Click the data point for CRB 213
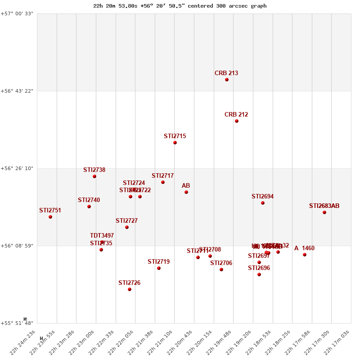click(227, 80)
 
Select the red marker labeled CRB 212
click(237, 121)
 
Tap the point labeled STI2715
click(175, 143)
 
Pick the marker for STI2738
click(94, 176)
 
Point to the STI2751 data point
click(50, 217)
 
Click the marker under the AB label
click(186, 192)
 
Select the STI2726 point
click(130, 289)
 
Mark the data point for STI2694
click(263, 203)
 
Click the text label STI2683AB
click(324, 206)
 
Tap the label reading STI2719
click(158, 262)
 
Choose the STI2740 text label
click(89, 200)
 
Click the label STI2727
click(126, 221)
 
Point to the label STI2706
click(221, 263)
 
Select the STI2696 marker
click(259, 274)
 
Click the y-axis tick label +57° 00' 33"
click(17, 14)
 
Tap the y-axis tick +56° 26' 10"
click(17, 169)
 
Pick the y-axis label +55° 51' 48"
click(17, 323)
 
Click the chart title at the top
click(180, 6)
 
